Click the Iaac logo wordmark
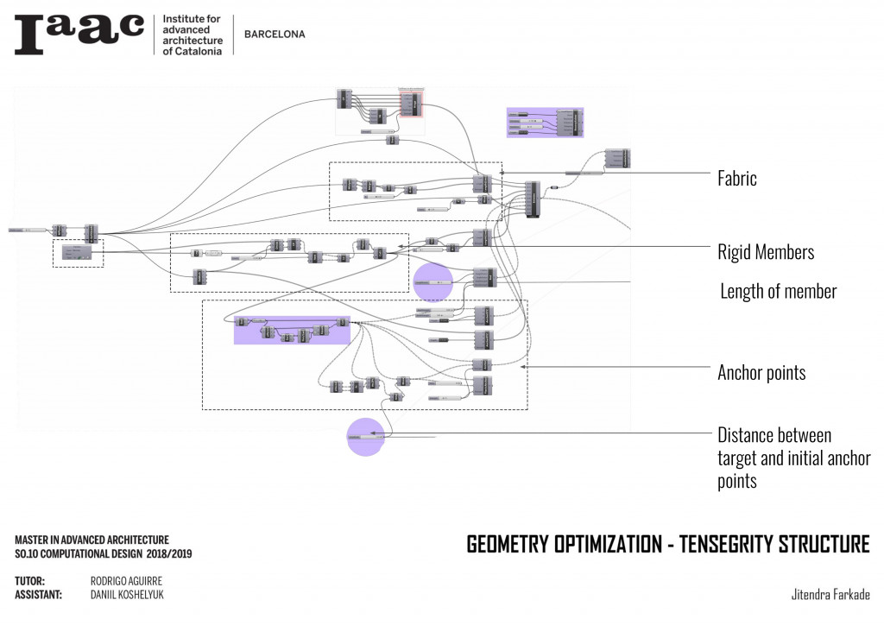79,35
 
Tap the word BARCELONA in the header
275,35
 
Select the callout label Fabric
736,179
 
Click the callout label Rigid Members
766,252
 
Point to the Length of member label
779,291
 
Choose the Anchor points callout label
761,373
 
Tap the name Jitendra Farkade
830,595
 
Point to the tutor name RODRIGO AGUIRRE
126,581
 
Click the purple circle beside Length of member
433,282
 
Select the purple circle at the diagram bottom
365,437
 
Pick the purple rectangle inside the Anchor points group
292,330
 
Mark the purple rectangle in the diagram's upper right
545,123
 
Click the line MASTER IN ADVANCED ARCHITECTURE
92,539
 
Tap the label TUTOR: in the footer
30,581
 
